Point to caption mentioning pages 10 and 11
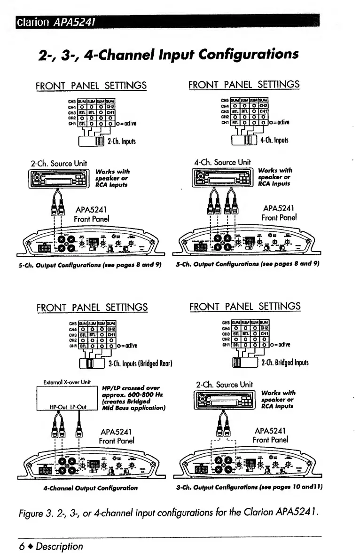tap(248, 488)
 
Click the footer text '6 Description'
tap(51, 546)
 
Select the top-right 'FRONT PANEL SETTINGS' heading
tap(244, 85)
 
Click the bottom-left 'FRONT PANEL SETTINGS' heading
tap(92, 307)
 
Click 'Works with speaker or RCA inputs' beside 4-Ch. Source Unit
tap(275, 177)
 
